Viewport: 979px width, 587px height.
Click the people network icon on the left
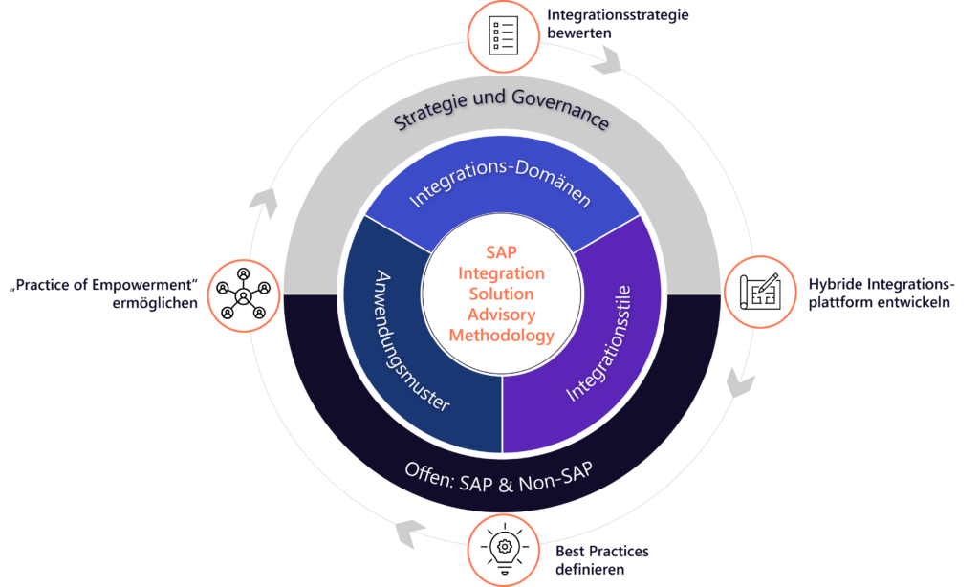[241, 290]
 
